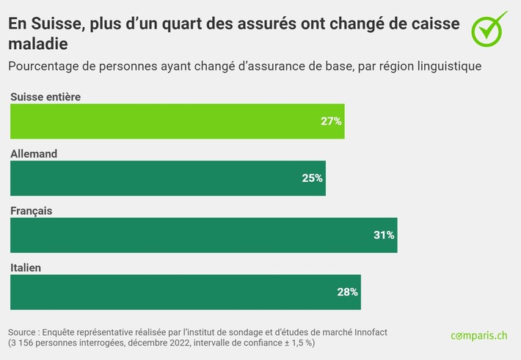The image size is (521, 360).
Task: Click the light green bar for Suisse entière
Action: pyautogui.click(x=176, y=121)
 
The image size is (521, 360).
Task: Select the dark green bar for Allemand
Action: pyautogui.click(x=167, y=178)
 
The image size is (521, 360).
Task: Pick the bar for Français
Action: pyautogui.click(x=203, y=235)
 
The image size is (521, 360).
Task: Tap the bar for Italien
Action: pyautogui.click(x=185, y=292)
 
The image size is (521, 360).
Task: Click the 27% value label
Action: pyautogui.click(x=331, y=121)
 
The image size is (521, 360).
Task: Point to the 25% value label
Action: pyautogui.click(x=313, y=178)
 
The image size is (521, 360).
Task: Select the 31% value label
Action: pyautogui.click(x=384, y=235)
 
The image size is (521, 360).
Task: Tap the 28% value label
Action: pyautogui.click(x=347, y=292)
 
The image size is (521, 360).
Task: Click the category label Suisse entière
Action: pyautogui.click(x=45, y=97)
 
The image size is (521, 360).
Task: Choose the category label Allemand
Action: pyautogui.click(x=34, y=154)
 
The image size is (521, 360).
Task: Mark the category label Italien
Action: pyautogui.click(x=26, y=268)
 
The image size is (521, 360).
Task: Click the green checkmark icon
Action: pyautogui.click(x=489, y=27)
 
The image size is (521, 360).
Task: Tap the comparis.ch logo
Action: pyautogui.click(x=478, y=336)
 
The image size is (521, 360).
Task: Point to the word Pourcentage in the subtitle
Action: pyautogui.click(x=43, y=66)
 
